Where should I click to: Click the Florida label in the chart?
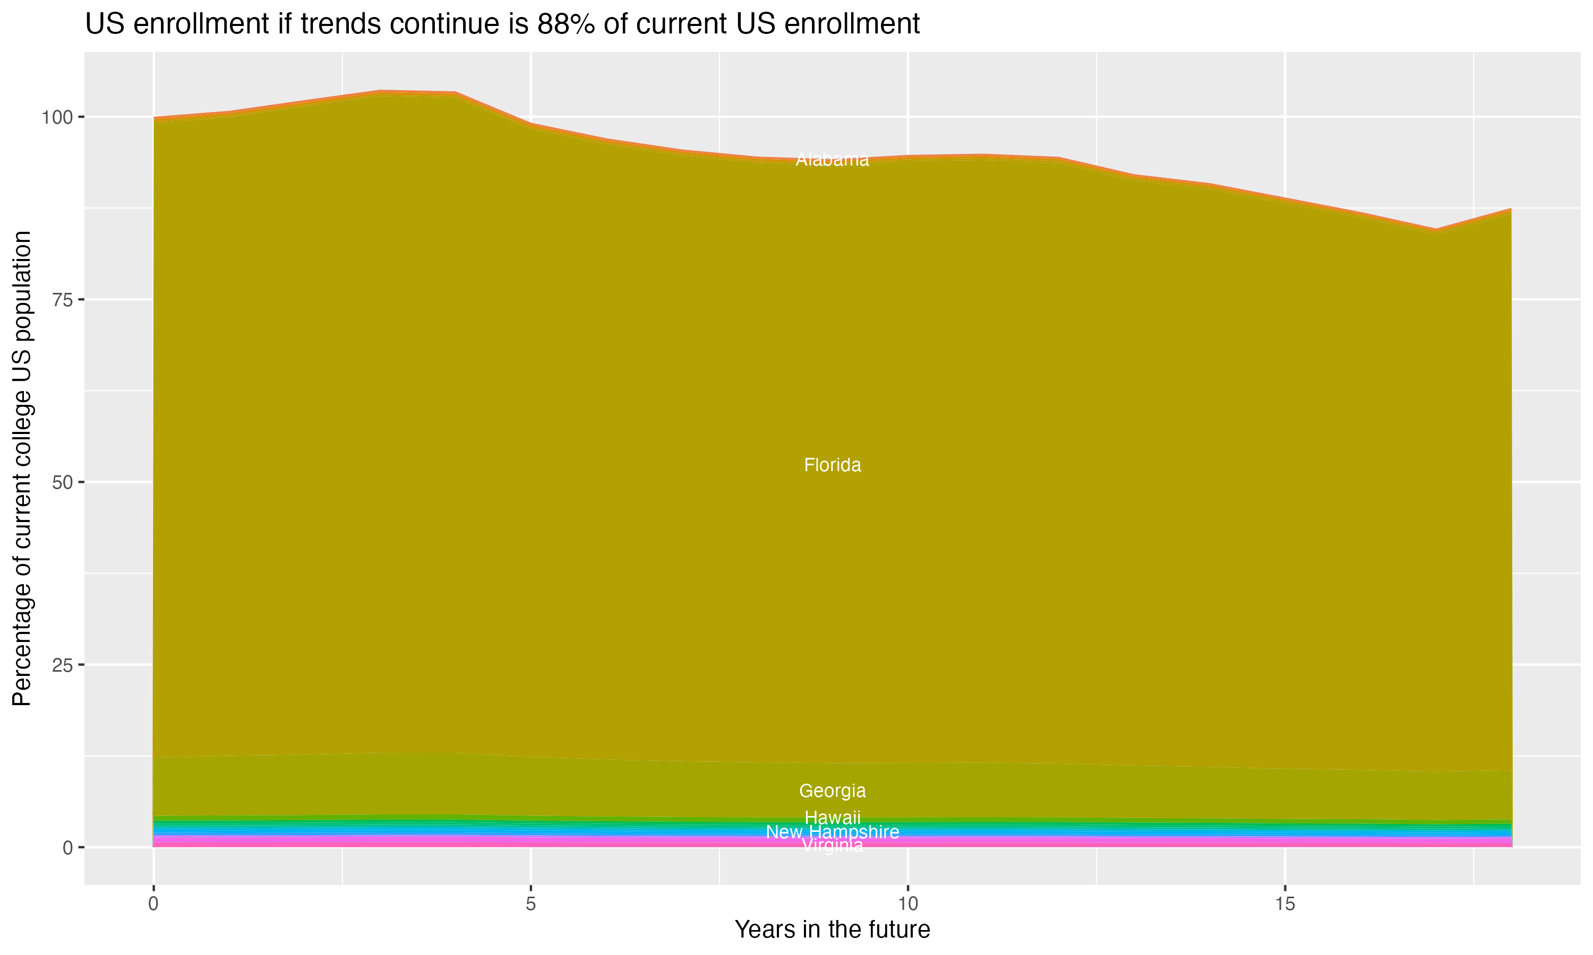(832, 465)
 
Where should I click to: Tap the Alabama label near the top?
(832, 160)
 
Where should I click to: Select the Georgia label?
(832, 791)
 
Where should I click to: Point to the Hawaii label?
(832, 818)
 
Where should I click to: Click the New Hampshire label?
(832, 832)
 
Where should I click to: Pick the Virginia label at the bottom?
(832, 846)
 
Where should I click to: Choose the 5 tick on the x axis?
(530, 904)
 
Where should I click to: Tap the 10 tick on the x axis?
(907, 904)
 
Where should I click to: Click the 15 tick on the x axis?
(1284, 904)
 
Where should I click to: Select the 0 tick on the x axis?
(153, 904)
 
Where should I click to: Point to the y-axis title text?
(22, 468)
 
